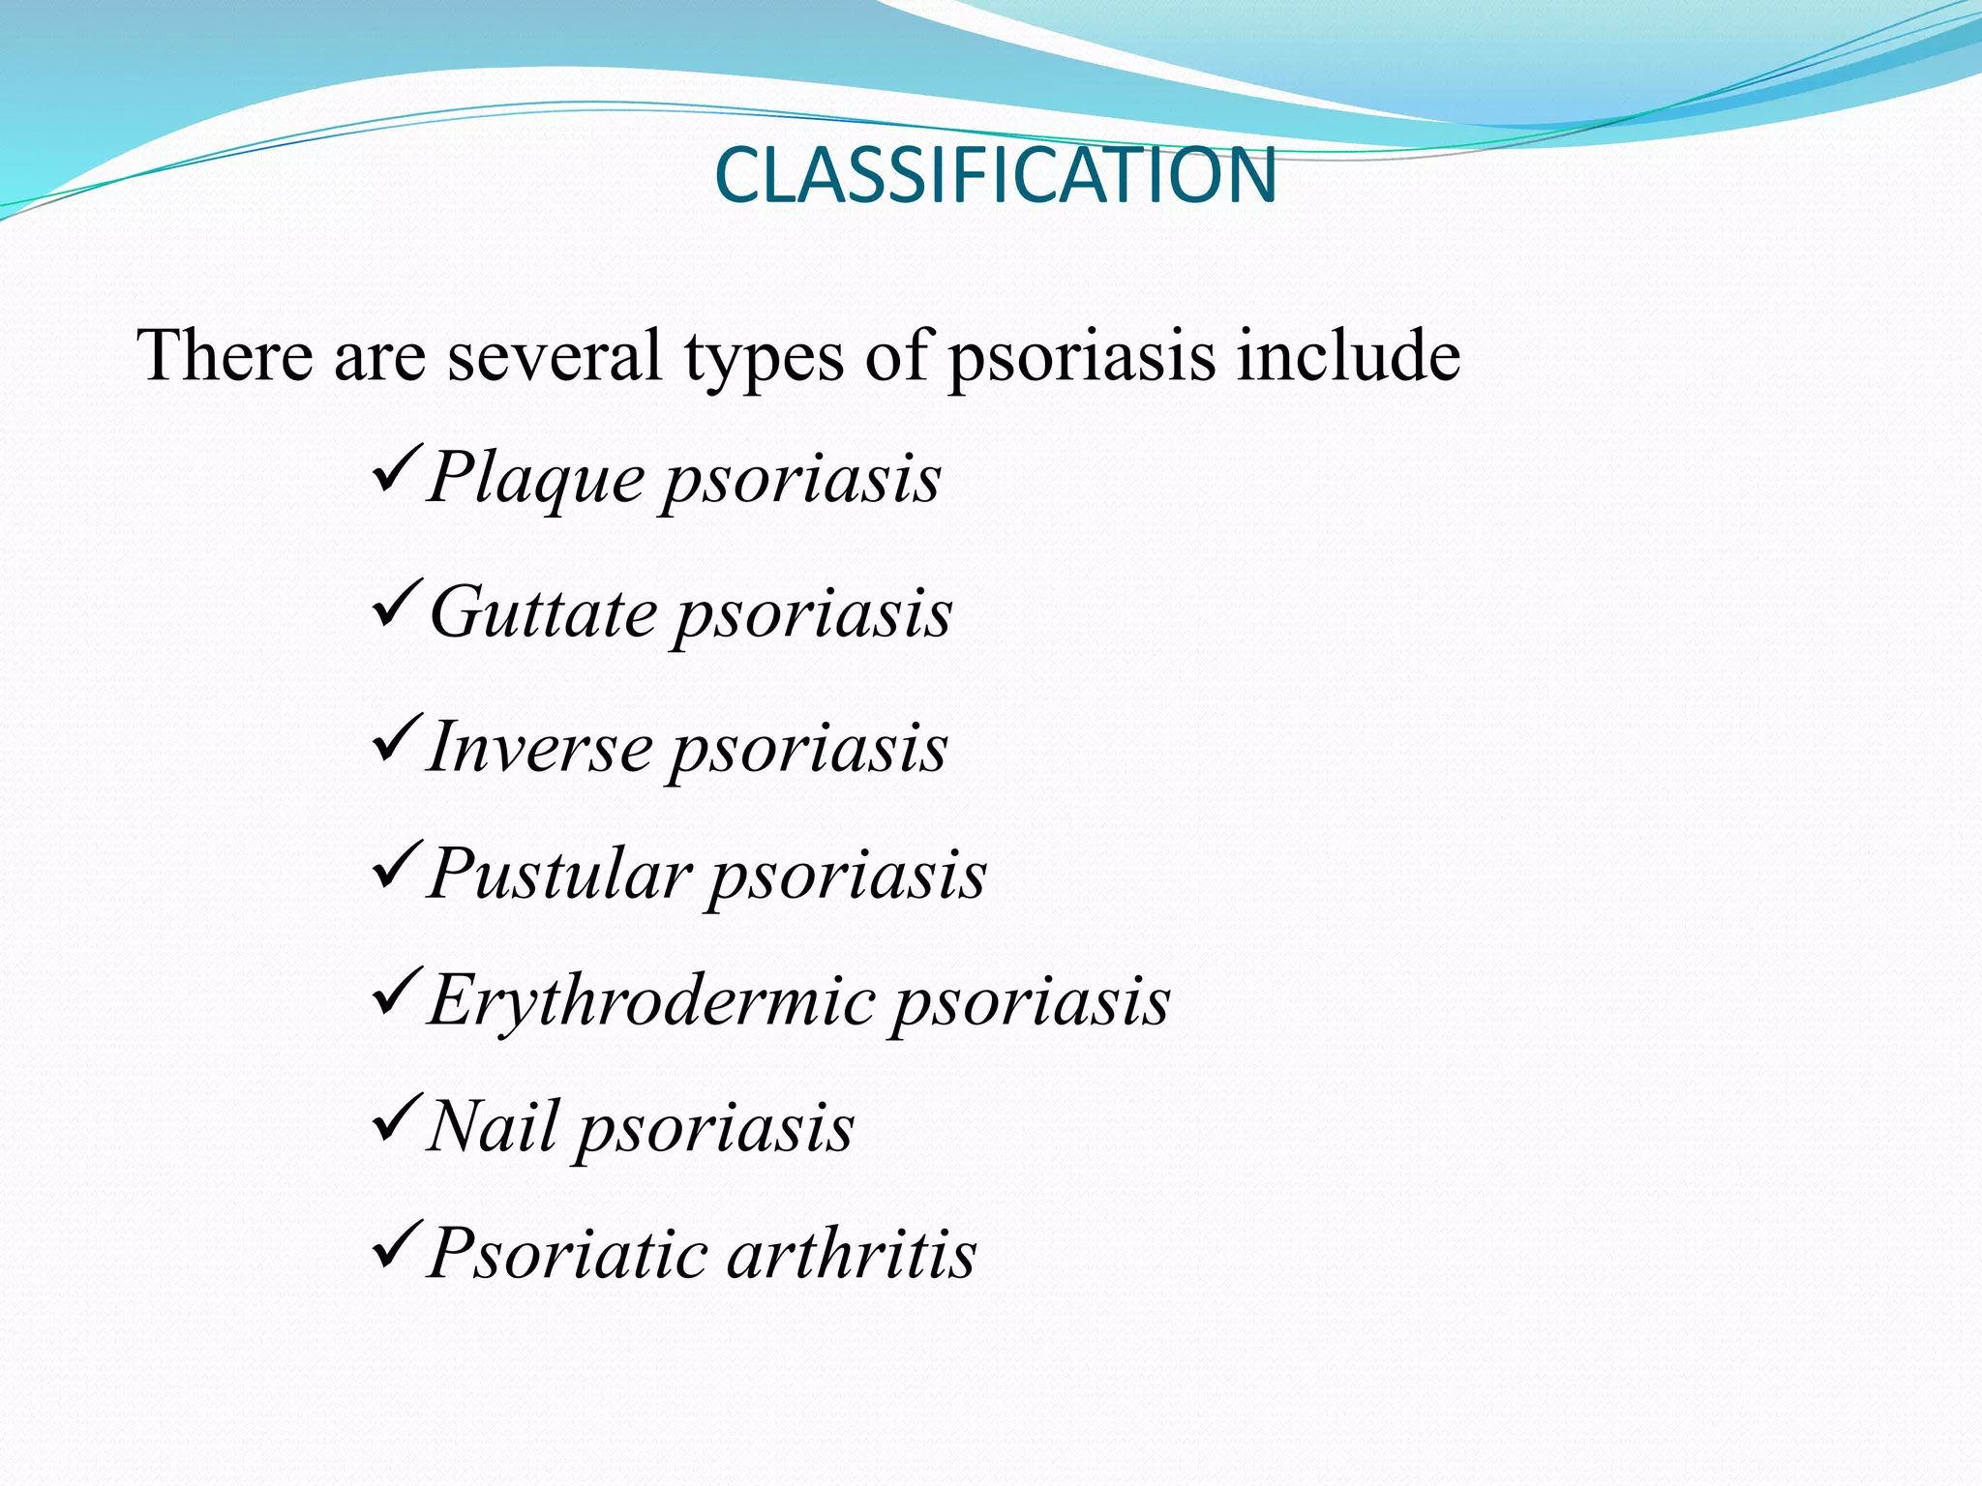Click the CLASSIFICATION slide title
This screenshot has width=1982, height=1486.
point(995,175)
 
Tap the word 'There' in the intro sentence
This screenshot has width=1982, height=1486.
point(225,355)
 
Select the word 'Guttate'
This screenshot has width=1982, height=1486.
point(543,613)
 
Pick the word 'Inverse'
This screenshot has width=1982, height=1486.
point(540,748)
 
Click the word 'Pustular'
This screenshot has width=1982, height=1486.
point(560,875)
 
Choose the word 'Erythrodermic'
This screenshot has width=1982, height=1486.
point(652,1000)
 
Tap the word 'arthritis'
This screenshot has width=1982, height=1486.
point(852,1254)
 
